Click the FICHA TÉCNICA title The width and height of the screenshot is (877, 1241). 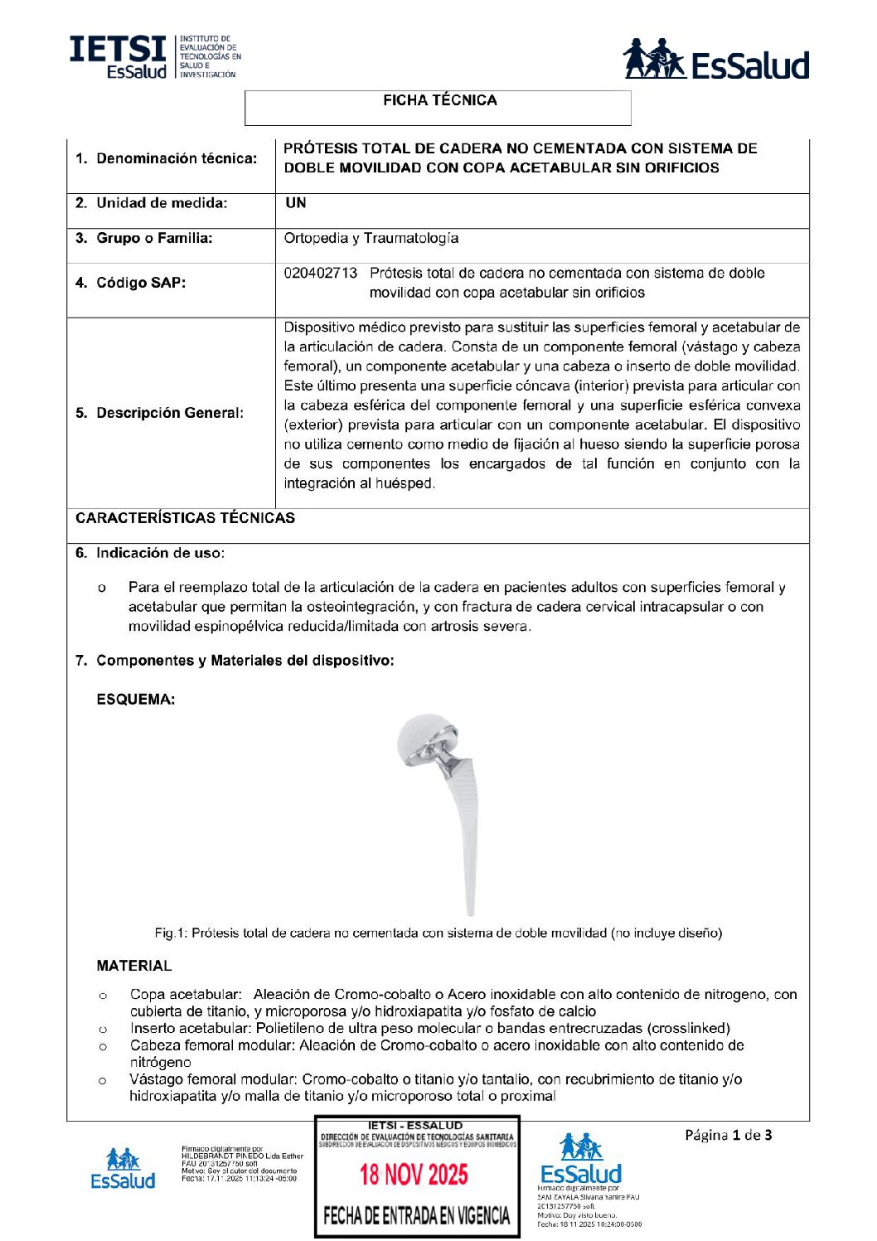tap(439, 100)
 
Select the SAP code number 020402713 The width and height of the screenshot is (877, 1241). tap(321, 273)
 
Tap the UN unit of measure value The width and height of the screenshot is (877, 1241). tap(296, 202)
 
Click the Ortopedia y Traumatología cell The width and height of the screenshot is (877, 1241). tap(371, 238)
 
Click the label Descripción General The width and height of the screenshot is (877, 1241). tap(169, 413)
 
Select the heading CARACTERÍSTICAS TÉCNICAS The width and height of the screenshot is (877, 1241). tap(185, 518)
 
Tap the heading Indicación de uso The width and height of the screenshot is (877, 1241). tap(159, 553)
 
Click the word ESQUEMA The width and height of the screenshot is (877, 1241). tap(135, 700)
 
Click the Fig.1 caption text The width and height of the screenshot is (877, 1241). tap(438, 933)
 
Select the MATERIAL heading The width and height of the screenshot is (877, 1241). tap(133, 966)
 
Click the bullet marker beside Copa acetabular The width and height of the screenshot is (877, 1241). tap(103, 995)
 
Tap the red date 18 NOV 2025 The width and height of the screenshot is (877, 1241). tap(414, 1175)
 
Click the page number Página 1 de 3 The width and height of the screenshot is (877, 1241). tap(728, 1135)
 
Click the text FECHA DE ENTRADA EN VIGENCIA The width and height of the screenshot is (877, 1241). tap(416, 1216)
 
